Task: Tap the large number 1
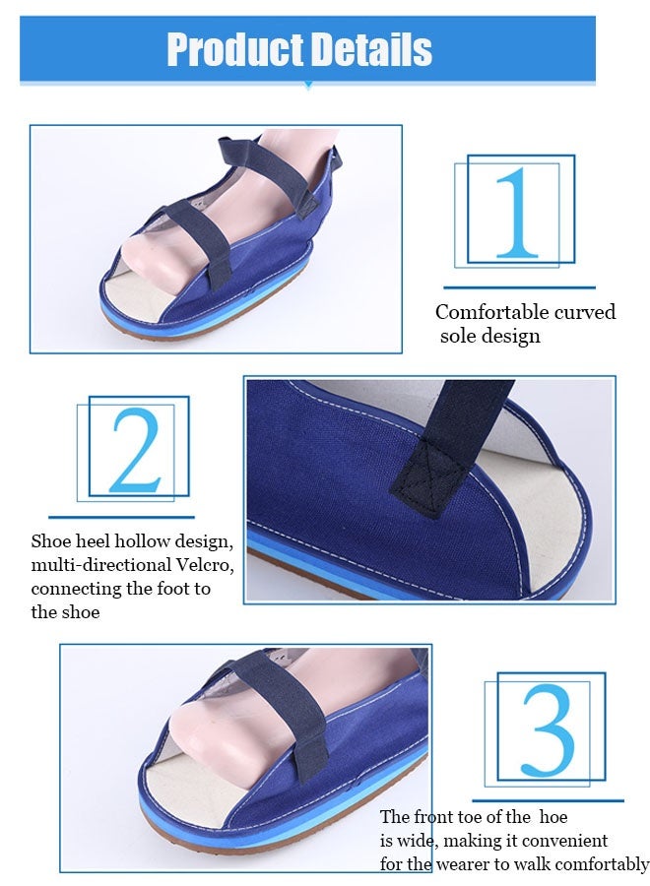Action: coord(517,213)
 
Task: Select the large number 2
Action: coord(136,449)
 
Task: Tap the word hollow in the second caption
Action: coord(141,541)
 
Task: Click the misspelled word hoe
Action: coord(552,817)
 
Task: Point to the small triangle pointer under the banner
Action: coord(308,87)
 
